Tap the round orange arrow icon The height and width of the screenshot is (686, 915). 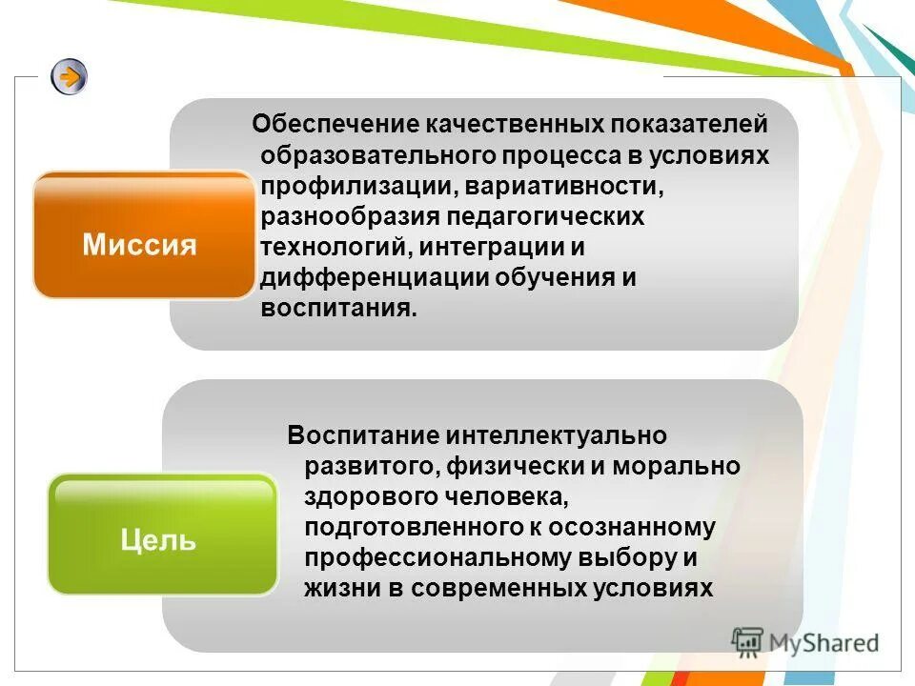(x=70, y=76)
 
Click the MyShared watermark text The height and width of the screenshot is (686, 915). (x=823, y=642)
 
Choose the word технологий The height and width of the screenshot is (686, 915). (x=334, y=247)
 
